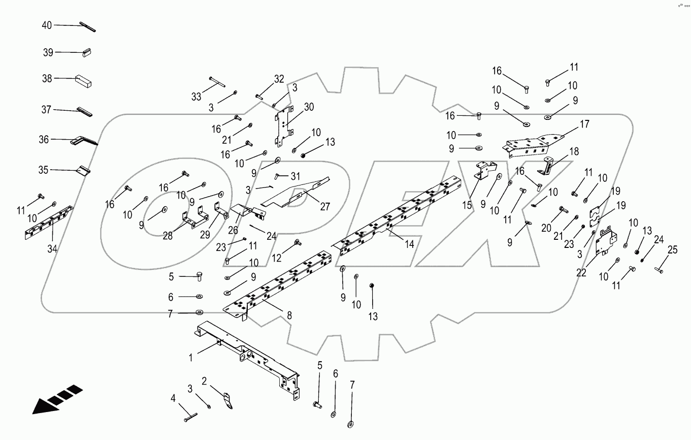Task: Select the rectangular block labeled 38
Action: pyautogui.click(x=84, y=80)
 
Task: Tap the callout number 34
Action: pyautogui.click(x=53, y=249)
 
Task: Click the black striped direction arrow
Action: pyautogui.click(x=56, y=399)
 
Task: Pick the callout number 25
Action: pyautogui.click(x=672, y=249)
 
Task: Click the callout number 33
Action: pyautogui.click(x=196, y=97)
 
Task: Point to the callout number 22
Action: pyautogui.click(x=581, y=273)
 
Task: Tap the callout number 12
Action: pyautogui.click(x=277, y=258)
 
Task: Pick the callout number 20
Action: pyautogui.click(x=546, y=228)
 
